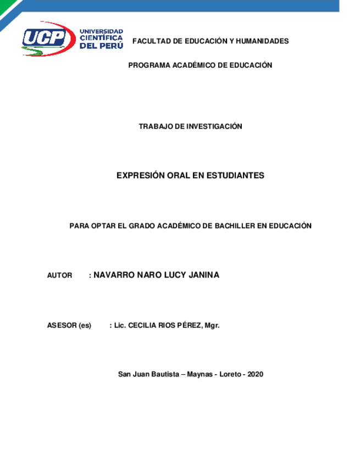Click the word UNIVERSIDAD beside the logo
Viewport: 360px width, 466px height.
tap(102, 31)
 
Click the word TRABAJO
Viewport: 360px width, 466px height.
tap(155, 126)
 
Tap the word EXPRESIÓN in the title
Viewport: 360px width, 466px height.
tap(141, 175)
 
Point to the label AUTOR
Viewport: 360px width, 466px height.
tap(60, 275)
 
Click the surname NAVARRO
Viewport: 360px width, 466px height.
tap(114, 275)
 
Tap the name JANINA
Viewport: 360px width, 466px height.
tap(204, 275)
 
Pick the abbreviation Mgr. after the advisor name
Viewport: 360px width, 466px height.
tap(212, 325)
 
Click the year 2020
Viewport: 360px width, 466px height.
tap(256, 374)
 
